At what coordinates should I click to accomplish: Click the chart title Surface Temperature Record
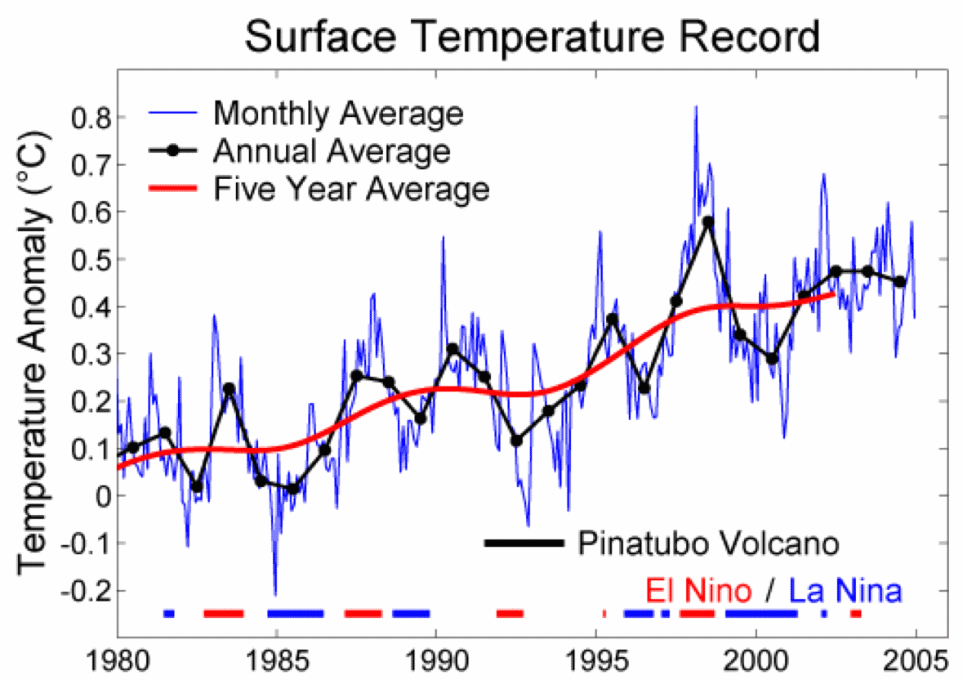tap(532, 37)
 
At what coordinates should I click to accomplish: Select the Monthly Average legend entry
tap(337, 113)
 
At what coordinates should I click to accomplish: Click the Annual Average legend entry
tap(331, 151)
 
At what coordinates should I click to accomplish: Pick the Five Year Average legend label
tap(351, 190)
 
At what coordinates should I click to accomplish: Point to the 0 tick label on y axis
tap(100, 495)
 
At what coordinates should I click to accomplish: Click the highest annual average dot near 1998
tap(708, 221)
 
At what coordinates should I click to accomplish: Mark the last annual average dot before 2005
tap(899, 281)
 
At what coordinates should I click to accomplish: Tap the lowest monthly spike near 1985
tap(274, 594)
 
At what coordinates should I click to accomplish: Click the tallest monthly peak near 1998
tap(696, 107)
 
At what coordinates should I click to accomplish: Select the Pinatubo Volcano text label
tap(708, 543)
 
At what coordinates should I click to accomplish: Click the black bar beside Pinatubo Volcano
tap(523, 543)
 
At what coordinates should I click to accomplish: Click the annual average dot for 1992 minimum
tap(516, 441)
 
